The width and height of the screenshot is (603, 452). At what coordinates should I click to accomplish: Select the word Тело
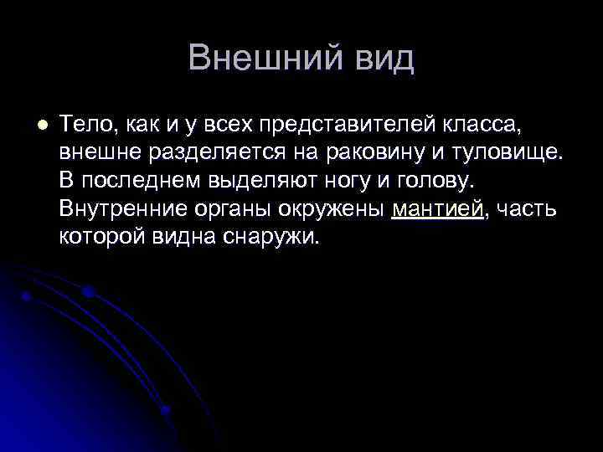click(x=85, y=126)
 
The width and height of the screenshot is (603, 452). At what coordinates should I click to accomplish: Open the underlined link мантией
click(x=437, y=208)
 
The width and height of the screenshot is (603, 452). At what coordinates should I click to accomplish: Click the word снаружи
click(x=271, y=236)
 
